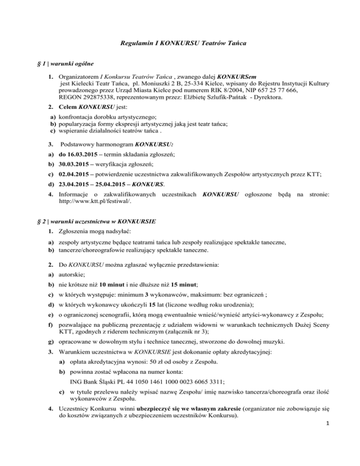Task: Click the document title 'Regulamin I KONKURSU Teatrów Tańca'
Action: click(180, 44)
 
